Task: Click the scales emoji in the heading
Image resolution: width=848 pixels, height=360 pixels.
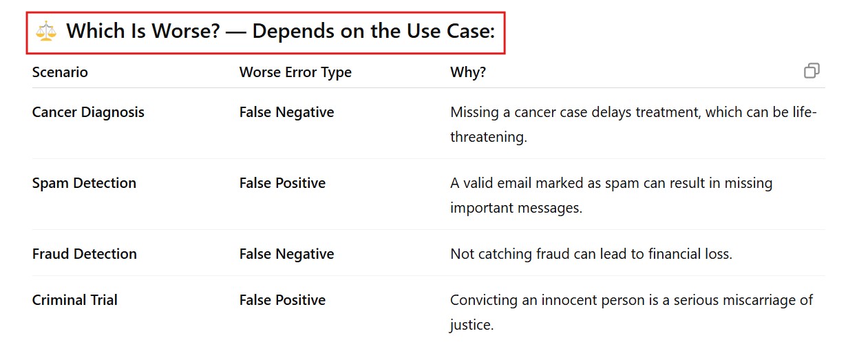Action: coord(46,31)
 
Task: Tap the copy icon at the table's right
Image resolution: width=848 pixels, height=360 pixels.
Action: coord(812,71)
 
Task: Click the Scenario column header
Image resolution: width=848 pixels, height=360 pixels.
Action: coord(60,72)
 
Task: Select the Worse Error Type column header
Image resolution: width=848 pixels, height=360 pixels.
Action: coord(295,72)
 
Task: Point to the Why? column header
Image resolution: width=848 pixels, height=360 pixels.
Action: coord(468,72)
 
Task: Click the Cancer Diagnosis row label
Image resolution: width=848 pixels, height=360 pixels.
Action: coord(88,112)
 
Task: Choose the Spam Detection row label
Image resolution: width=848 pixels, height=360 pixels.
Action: coord(84,183)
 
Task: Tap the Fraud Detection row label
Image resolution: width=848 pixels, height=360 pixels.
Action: coord(85,254)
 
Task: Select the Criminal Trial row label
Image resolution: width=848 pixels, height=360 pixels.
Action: coord(75,300)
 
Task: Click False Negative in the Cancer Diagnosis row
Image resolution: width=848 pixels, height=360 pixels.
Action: coord(286,112)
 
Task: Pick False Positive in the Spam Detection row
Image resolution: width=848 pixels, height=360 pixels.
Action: coord(282,183)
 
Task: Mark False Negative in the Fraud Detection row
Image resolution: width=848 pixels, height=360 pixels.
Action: coord(286,254)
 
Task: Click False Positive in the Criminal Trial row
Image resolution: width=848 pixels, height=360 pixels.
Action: coord(282,300)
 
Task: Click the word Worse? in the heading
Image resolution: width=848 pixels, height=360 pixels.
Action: coord(187,31)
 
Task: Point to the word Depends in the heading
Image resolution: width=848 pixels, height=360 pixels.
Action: coord(293,32)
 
